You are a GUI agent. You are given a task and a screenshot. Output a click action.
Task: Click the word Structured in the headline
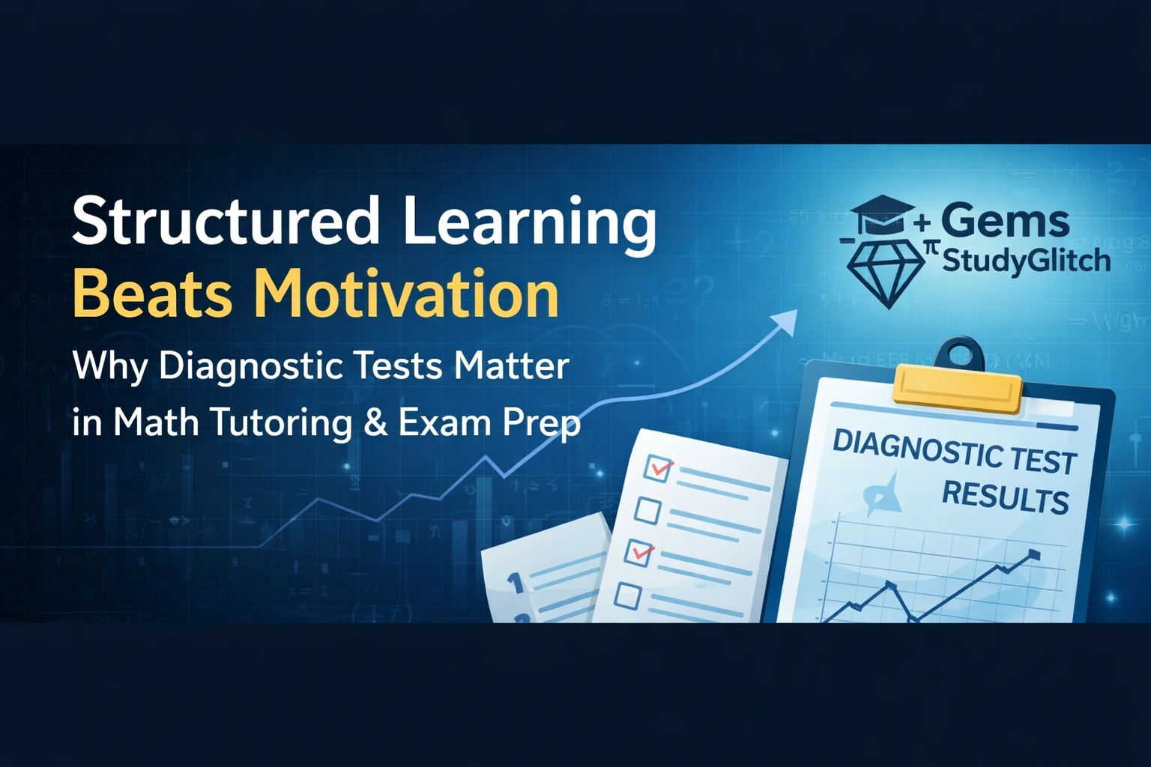[x=225, y=222]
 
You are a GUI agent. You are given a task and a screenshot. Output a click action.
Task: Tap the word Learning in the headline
[x=529, y=222]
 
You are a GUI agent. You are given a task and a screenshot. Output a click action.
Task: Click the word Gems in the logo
[x=1004, y=222]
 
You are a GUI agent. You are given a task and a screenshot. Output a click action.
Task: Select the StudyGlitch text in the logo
[x=1025, y=261]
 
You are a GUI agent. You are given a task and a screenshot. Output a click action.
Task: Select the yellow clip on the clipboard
[x=958, y=388]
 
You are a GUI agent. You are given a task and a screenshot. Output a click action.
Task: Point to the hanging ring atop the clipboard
[x=961, y=353]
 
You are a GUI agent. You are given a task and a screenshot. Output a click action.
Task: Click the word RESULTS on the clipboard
[x=1004, y=497]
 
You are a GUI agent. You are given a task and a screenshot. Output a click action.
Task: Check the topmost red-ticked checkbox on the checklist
[x=657, y=469]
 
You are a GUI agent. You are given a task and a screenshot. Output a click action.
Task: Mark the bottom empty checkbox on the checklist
[x=628, y=596]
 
